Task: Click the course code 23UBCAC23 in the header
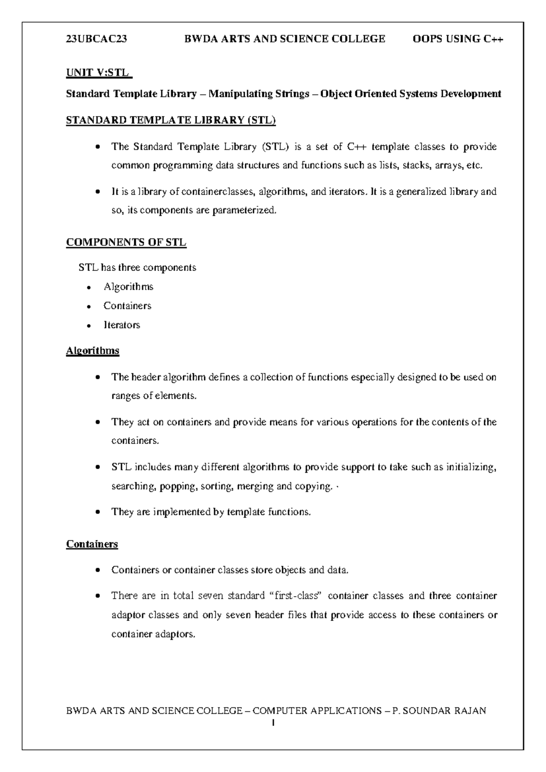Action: [x=96, y=39]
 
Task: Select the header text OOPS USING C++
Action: [x=458, y=39]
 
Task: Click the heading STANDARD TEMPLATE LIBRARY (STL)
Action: [x=171, y=120]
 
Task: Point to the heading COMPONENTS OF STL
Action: [x=126, y=242]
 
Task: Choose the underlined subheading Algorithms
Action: [x=93, y=350]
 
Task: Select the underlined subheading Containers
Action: [x=92, y=544]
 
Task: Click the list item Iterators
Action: [x=121, y=325]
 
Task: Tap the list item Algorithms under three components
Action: [x=128, y=287]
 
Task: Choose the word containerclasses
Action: [x=217, y=192]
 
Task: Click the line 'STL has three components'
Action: [x=137, y=268]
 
